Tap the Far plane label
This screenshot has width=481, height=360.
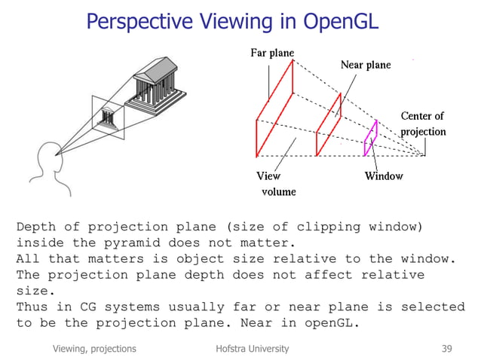click(x=271, y=53)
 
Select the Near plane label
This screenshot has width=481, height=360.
click(x=366, y=65)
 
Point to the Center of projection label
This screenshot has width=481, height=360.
click(x=422, y=124)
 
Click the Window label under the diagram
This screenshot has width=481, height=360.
click(x=384, y=176)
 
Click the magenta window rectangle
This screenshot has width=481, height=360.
click(x=370, y=138)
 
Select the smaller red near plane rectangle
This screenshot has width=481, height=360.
click(x=328, y=125)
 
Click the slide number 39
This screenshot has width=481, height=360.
click(x=448, y=349)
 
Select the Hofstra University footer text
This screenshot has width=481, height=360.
click(x=251, y=349)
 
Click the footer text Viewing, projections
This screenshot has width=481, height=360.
click(x=94, y=349)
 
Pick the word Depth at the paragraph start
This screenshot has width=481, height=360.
click(x=36, y=226)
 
